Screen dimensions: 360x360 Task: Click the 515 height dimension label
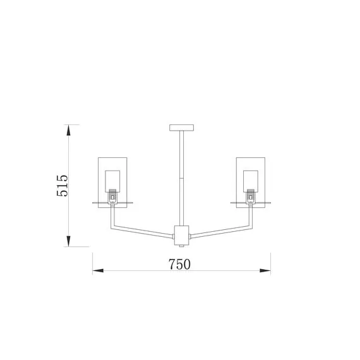63,186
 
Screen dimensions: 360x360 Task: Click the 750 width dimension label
179,264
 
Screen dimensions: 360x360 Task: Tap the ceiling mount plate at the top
182,128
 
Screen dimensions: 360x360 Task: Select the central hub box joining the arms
182,236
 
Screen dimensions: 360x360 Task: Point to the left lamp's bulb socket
112,196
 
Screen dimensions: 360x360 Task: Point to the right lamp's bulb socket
251,196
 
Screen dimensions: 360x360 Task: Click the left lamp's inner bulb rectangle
112,181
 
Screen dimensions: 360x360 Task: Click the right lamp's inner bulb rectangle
251,181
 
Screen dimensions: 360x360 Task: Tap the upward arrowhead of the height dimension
68,130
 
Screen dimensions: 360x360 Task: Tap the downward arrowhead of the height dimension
68,241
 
